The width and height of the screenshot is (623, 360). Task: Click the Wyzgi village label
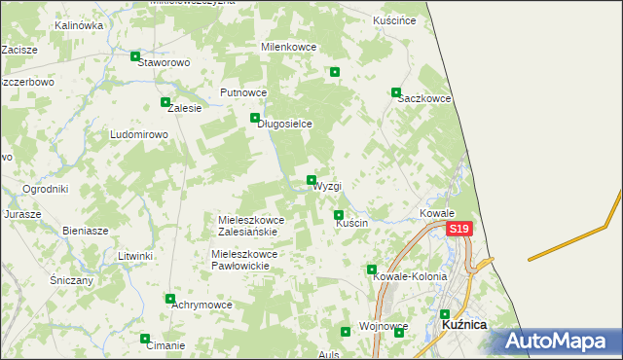(327, 186)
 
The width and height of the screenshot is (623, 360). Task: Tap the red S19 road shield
(459, 230)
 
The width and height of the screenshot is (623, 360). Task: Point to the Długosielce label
(284, 124)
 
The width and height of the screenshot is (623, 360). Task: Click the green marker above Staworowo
(135, 56)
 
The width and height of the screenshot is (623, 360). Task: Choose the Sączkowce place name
(423, 99)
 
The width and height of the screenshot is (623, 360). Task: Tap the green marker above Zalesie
(165, 102)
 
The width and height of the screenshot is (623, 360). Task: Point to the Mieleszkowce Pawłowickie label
(244, 259)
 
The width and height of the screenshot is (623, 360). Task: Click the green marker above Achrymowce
(170, 299)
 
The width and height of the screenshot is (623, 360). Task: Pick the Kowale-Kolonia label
(410, 276)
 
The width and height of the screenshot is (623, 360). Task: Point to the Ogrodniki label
(45, 189)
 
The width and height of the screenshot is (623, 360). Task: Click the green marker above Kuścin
(339, 215)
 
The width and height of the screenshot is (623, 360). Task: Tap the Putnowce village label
(243, 92)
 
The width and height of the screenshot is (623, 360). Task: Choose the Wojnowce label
(383, 326)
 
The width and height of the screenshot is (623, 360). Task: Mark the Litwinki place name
(136, 256)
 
